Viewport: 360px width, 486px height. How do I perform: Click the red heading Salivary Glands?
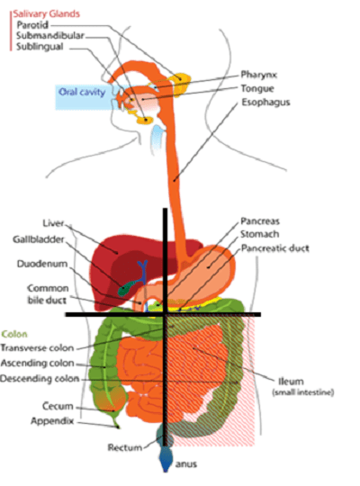pyautogui.click(x=46, y=13)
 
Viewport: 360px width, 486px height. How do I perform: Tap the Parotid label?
pyautogui.click(x=32, y=25)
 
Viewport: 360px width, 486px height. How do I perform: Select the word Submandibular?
pyautogui.click(x=50, y=36)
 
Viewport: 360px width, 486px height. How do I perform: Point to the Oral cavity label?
pyautogui.click(x=82, y=92)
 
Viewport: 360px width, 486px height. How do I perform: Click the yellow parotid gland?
pyautogui.click(x=181, y=82)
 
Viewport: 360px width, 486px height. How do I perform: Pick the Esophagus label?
pyautogui.click(x=265, y=103)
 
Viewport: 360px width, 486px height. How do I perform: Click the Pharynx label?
pyautogui.click(x=259, y=75)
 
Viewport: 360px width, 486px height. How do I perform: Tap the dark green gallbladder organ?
pyautogui.click(x=127, y=288)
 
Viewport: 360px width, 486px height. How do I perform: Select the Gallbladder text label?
pyautogui.click(x=39, y=239)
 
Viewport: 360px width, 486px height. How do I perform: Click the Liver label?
pyautogui.click(x=53, y=223)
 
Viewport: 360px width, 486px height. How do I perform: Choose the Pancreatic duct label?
pyautogui.click(x=275, y=248)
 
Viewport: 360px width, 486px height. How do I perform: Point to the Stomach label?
pyautogui.click(x=260, y=234)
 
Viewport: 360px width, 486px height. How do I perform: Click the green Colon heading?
pyautogui.click(x=14, y=334)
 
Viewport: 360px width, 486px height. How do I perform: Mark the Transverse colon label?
pyautogui.click(x=37, y=348)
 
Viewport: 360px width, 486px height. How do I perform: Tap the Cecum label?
pyautogui.click(x=58, y=406)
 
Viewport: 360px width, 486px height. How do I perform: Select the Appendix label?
pyautogui.click(x=52, y=421)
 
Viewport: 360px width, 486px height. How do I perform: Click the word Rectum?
pyautogui.click(x=125, y=447)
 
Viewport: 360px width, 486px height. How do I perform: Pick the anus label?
pyautogui.click(x=186, y=464)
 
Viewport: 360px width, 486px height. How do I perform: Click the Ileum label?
pyautogui.click(x=291, y=382)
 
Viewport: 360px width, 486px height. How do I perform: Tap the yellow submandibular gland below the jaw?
pyautogui.click(x=145, y=120)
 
